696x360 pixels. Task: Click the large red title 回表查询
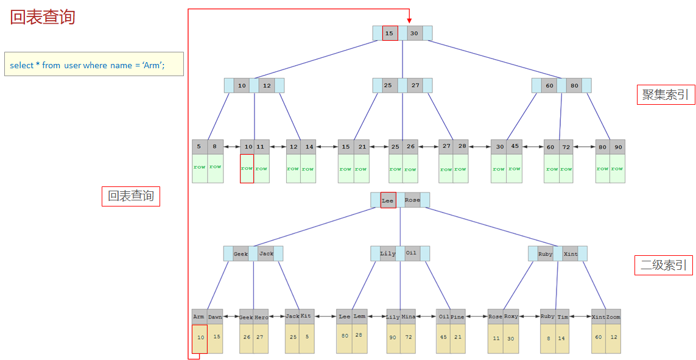click(43, 17)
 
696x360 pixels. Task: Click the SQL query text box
click(94, 64)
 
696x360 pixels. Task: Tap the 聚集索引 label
click(666, 94)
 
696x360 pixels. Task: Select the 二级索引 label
click(663, 265)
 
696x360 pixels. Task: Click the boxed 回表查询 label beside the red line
click(131, 196)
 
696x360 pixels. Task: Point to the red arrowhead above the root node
click(409, 19)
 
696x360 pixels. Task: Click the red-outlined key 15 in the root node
click(390, 33)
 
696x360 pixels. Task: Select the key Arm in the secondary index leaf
click(199, 317)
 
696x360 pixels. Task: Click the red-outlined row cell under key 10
click(247, 168)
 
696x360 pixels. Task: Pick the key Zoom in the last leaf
click(613, 317)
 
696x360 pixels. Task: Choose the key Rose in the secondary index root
click(412, 200)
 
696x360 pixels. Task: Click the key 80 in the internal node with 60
click(574, 86)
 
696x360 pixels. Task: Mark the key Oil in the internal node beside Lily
click(412, 253)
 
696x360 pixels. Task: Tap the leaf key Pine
click(457, 317)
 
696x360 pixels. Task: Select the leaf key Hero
click(261, 317)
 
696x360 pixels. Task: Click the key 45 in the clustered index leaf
click(515, 147)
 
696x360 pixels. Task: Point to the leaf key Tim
click(563, 317)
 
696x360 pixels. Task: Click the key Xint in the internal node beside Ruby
click(571, 254)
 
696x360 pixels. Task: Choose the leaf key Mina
click(408, 317)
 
